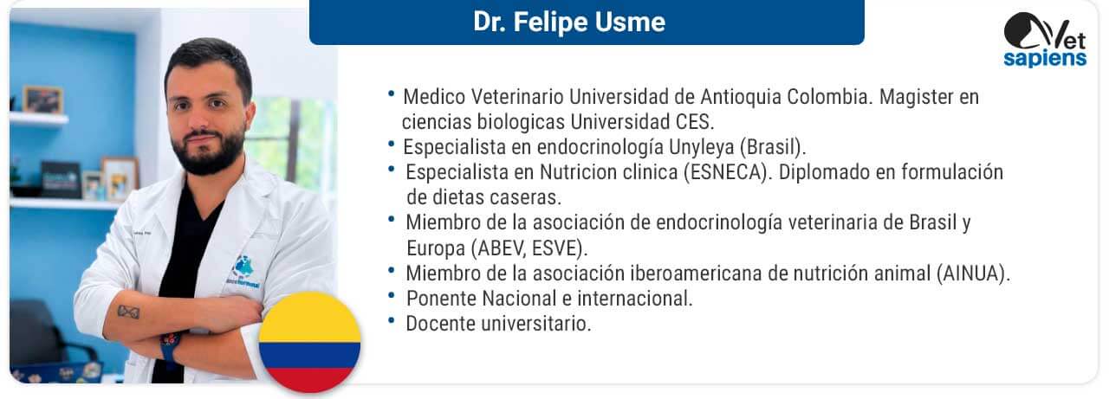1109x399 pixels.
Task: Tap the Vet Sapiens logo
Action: (x=1045, y=40)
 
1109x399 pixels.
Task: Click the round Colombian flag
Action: (x=310, y=342)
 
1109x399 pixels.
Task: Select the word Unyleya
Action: (x=702, y=147)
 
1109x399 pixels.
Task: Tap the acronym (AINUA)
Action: (x=973, y=274)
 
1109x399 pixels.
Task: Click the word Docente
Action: (x=441, y=324)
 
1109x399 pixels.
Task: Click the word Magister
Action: (x=917, y=97)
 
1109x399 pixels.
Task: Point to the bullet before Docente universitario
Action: (x=392, y=321)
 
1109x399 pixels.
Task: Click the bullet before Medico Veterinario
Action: (x=392, y=93)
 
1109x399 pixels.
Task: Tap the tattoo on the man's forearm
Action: (x=128, y=312)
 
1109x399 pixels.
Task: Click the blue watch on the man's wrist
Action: (x=170, y=344)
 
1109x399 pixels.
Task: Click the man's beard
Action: (x=208, y=151)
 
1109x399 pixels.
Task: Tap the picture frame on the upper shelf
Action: (x=43, y=100)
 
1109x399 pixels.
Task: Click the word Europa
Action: (x=436, y=248)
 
